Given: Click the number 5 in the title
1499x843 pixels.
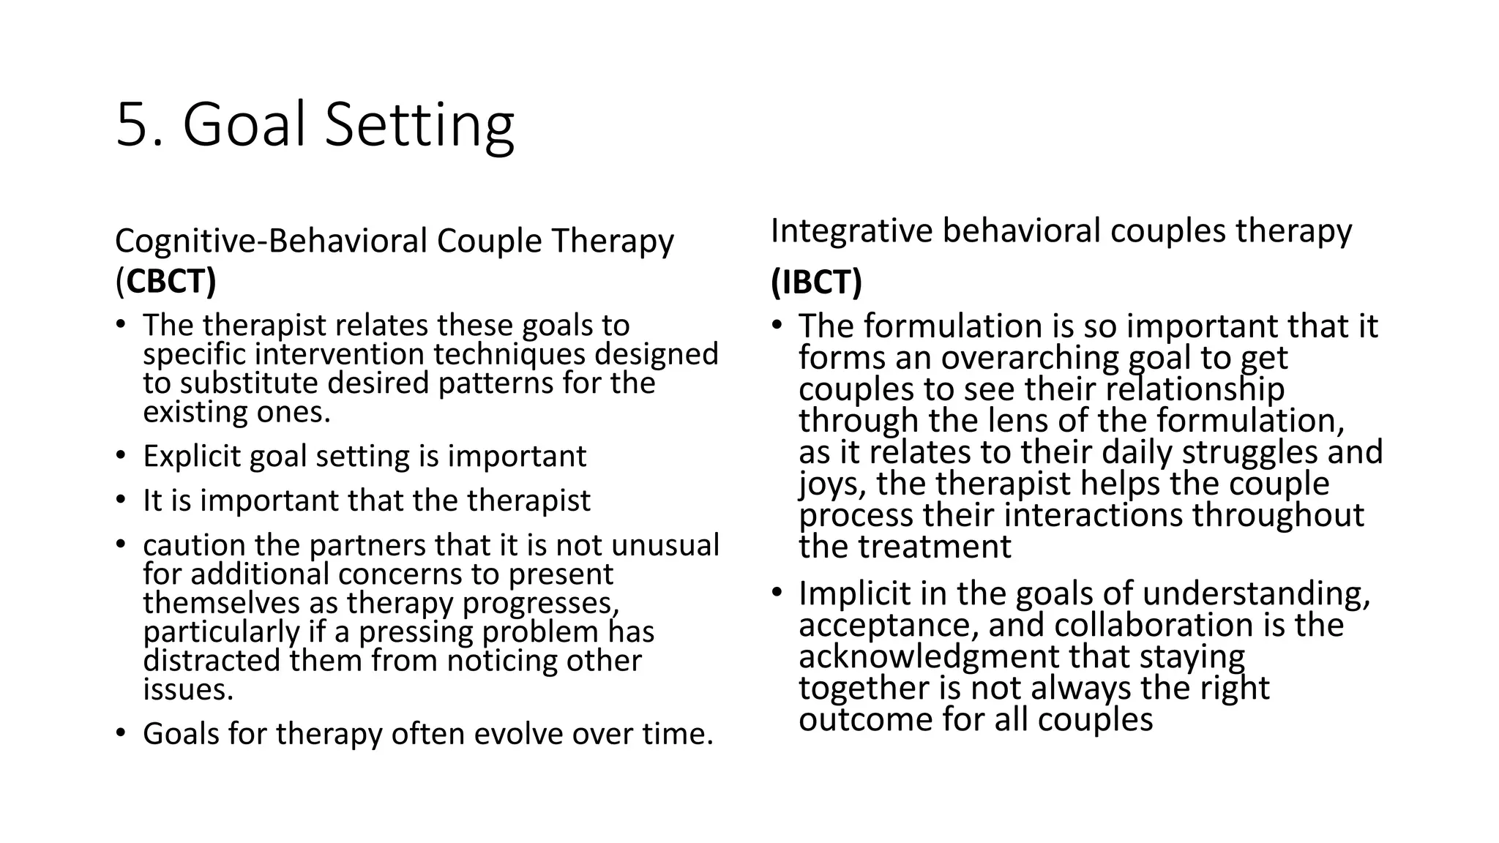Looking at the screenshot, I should (x=133, y=125).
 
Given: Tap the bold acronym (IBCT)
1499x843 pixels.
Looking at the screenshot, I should (x=816, y=282).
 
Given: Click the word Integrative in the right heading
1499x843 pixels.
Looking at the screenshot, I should (x=851, y=231).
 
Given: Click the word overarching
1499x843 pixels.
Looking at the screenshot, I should (x=1030, y=358).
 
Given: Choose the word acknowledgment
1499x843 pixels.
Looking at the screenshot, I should (x=928, y=656).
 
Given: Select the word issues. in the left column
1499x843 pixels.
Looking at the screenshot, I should (x=188, y=689).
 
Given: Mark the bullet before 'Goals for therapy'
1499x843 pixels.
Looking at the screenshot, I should (x=121, y=733).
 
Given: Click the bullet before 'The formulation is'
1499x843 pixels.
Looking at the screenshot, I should (x=777, y=326).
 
